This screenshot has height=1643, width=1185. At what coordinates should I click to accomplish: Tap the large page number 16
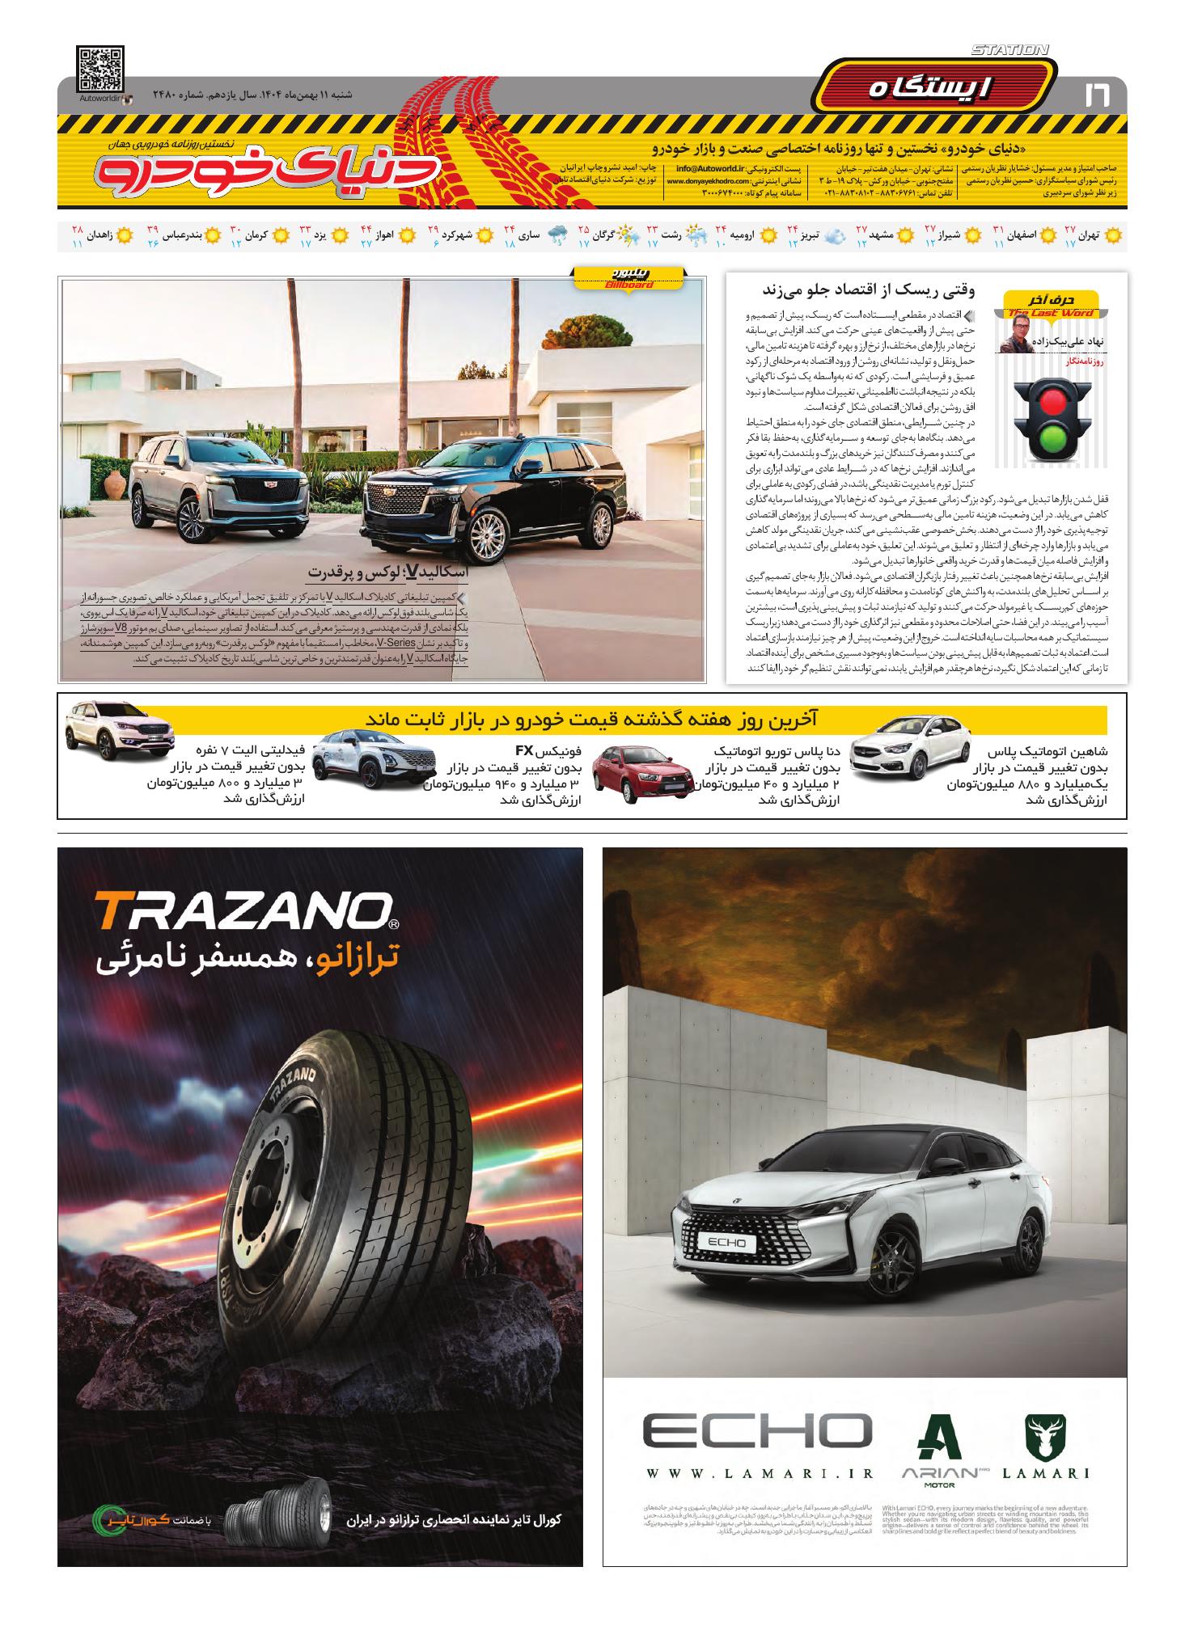tap(1097, 95)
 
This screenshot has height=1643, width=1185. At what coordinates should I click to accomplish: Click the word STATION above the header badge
tap(1009, 50)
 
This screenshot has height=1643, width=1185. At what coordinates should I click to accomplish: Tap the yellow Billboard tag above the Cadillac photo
tap(628, 279)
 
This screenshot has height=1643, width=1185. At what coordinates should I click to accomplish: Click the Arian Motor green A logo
tap(937, 1438)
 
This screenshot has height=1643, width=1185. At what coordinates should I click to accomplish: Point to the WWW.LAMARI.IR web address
tap(760, 1473)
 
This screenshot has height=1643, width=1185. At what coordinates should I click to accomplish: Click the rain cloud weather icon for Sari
tap(557, 236)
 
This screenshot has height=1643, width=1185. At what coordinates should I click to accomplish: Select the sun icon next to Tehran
tap(1113, 236)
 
